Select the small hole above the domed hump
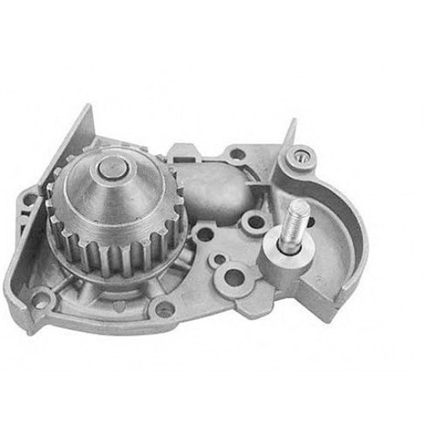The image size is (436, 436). coord(236,154)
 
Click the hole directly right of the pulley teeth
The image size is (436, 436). coord(204,234)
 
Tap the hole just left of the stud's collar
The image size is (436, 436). coord(255,221)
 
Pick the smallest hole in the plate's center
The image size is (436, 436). coord(218,260)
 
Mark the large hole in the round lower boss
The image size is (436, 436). coord(234,277)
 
